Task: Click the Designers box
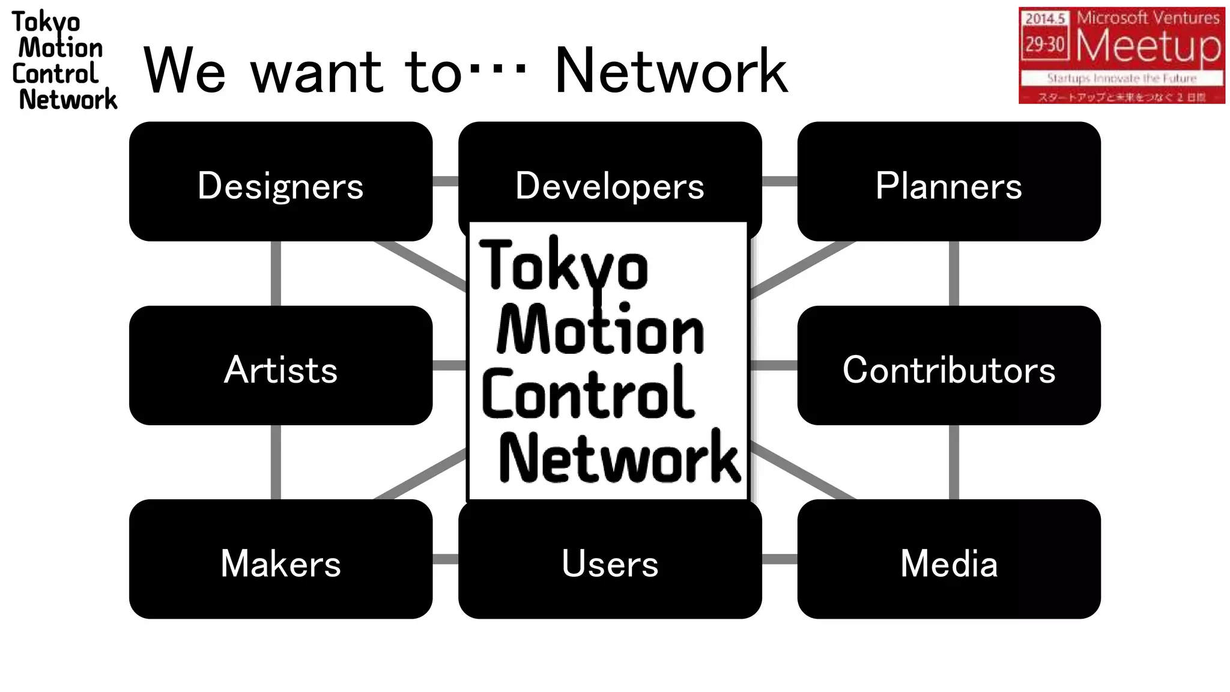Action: (x=280, y=181)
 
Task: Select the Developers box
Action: (x=610, y=174)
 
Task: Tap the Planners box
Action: (x=948, y=181)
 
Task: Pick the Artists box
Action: (x=280, y=365)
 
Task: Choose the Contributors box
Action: (x=948, y=365)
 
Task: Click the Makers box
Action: (x=280, y=559)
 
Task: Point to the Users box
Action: (x=610, y=560)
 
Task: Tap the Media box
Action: (x=948, y=559)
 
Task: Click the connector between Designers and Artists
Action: (x=276, y=273)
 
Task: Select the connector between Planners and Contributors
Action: (x=954, y=273)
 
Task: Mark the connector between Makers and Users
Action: (x=445, y=559)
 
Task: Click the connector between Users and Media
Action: (x=780, y=559)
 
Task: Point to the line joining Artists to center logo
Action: (x=449, y=365)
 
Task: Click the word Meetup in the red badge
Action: (x=1148, y=46)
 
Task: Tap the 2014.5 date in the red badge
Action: (x=1044, y=19)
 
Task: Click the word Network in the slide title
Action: (x=670, y=71)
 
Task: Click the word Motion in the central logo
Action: (x=601, y=330)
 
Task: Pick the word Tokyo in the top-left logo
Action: (x=46, y=23)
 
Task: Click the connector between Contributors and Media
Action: (x=954, y=462)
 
